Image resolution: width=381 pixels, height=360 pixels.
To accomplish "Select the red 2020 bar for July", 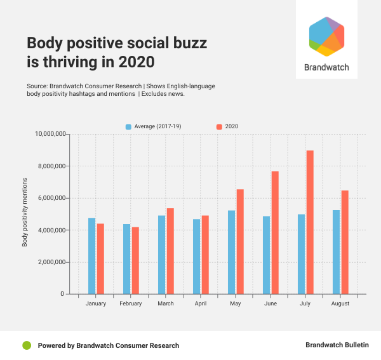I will click(x=310, y=222).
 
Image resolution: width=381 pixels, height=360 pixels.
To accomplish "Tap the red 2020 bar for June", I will click(x=275, y=232).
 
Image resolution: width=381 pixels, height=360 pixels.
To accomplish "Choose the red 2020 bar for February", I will click(x=135, y=260).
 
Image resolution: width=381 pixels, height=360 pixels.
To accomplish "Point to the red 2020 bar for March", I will click(x=170, y=251).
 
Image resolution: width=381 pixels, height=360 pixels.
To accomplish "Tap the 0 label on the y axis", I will click(x=62, y=294).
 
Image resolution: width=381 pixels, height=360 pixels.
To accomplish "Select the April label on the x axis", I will click(x=201, y=304).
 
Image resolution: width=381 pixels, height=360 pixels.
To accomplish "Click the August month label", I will click(x=340, y=304).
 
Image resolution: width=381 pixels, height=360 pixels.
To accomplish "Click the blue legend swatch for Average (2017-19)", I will click(x=129, y=127).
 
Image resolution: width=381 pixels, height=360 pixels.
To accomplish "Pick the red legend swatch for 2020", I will click(x=220, y=127).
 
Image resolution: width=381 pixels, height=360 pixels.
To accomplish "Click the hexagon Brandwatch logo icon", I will click(x=326, y=37).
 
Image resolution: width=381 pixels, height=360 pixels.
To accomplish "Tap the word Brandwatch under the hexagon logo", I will click(x=326, y=67).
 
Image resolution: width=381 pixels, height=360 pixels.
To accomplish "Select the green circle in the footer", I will click(x=27, y=345).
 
